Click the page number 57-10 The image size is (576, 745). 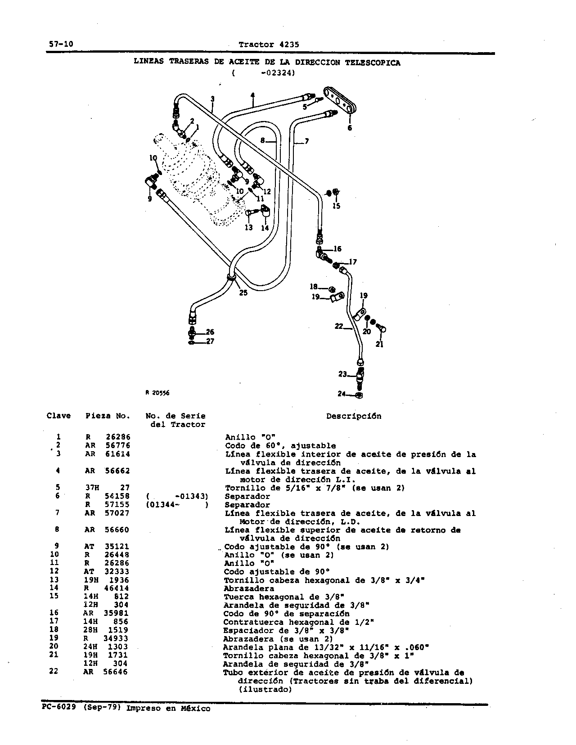tap(61, 44)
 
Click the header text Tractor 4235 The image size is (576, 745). tap(269, 45)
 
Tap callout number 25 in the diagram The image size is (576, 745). tap(243, 293)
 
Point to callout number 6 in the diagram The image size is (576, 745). tap(349, 128)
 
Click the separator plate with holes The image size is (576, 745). tap(339, 100)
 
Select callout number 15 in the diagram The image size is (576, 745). tap(336, 206)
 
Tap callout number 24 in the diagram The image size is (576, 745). tap(342, 394)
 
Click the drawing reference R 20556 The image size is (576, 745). tap(157, 393)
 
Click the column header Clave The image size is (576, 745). tap(58, 416)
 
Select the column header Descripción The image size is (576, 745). tap(354, 416)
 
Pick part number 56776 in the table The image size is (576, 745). tap(117, 446)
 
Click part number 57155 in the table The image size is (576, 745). tap(117, 505)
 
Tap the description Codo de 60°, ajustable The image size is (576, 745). tap(280, 446)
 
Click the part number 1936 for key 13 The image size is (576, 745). tap(119, 580)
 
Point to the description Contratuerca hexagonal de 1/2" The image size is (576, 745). tap(298, 622)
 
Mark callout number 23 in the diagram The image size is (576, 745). tap(342, 374)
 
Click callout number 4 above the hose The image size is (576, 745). tap(253, 95)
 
